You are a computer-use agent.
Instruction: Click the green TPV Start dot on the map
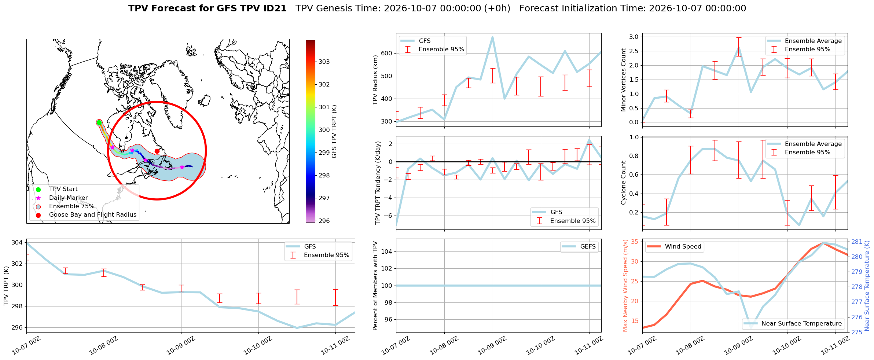coord(99,122)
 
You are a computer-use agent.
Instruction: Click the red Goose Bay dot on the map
coord(157,151)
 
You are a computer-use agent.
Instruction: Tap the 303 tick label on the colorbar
coord(324,62)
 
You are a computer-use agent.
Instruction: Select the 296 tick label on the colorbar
coord(324,221)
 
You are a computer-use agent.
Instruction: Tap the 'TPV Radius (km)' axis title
coord(375,80)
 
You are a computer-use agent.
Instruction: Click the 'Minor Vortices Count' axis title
coord(623,80)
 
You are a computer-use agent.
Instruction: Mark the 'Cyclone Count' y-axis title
coord(623,183)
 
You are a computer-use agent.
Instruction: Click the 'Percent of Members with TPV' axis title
coord(375,286)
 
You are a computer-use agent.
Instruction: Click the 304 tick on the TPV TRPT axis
coord(17,242)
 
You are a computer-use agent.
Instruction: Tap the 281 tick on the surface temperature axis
coord(857,242)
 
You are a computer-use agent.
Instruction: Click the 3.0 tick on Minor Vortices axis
coord(634,37)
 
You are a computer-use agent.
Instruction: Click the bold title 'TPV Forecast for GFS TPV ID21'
coord(207,8)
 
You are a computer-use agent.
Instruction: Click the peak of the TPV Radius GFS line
coord(492,36)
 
